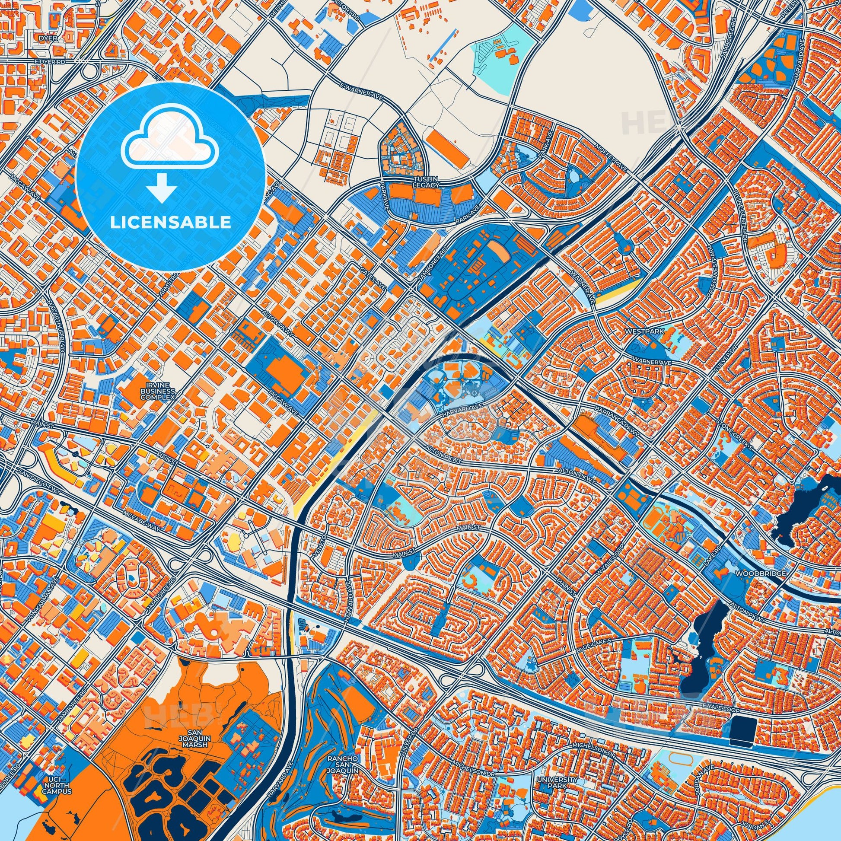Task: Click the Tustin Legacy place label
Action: (x=426, y=182)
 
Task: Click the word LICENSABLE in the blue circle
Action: (x=170, y=223)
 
